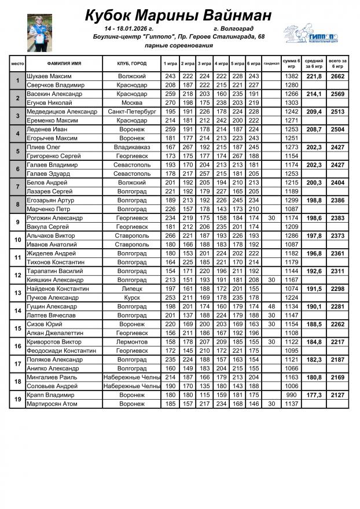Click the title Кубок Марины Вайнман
tap(179, 15)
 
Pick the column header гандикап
tap(271, 63)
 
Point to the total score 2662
tap(337, 76)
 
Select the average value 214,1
tap(314, 94)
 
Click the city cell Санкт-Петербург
tap(131, 111)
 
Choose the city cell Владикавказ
tap(131, 147)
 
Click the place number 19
tap(17, 399)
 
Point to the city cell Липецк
tap(131, 288)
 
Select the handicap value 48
tap(271, 306)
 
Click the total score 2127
tap(337, 395)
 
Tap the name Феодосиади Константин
tap(64, 351)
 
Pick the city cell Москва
tap(131, 102)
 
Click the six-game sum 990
tap(291, 395)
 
